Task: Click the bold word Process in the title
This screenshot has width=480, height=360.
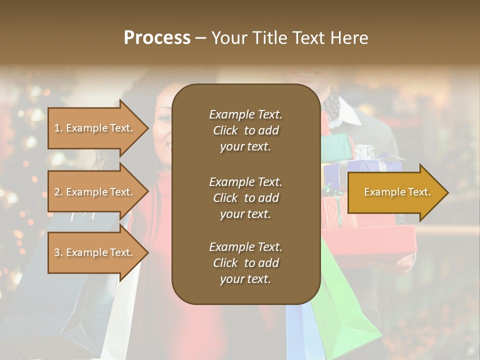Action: (157, 38)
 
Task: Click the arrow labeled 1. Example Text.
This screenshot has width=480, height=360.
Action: (95, 128)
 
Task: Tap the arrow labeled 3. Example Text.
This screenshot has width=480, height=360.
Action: (95, 252)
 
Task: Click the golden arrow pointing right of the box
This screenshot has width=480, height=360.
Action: (397, 192)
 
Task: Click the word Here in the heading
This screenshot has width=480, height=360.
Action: (350, 38)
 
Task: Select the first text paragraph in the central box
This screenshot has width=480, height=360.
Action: (245, 130)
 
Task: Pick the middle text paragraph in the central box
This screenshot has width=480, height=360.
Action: (245, 198)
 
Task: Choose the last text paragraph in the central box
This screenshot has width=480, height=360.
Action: (245, 263)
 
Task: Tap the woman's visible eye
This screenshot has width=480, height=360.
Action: (165, 119)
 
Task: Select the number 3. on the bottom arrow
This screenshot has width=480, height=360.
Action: (58, 252)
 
